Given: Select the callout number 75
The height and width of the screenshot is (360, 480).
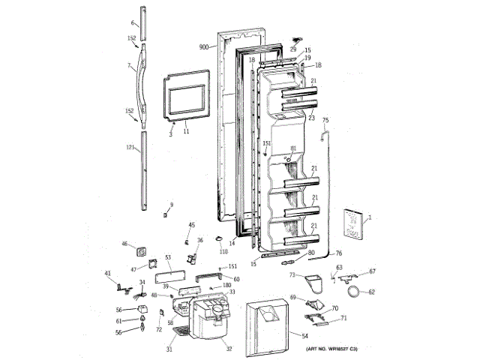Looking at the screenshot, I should (x=325, y=120).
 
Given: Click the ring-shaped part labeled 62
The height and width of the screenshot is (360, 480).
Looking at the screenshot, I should (x=352, y=291).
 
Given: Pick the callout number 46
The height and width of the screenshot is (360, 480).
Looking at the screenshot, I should (x=125, y=243).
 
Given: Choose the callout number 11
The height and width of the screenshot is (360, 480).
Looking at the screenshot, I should (x=186, y=130).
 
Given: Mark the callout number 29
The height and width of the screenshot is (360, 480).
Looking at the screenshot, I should (x=294, y=49).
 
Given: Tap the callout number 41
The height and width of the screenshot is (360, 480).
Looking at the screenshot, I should (x=106, y=273).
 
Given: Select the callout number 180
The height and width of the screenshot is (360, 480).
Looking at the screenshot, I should (x=226, y=286).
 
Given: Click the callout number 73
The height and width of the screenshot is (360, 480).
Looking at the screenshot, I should (x=291, y=276).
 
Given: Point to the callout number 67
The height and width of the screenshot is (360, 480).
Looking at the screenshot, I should (x=372, y=271).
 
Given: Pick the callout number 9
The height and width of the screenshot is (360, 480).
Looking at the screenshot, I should (x=170, y=205).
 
